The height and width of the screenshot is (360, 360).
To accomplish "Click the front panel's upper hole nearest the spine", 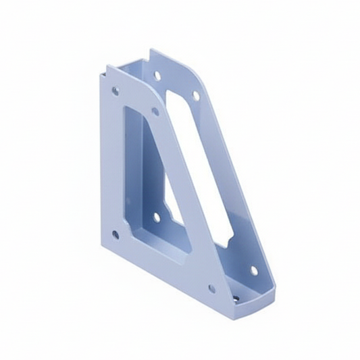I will tap(115, 90).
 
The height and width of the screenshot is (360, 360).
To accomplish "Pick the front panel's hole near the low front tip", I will tap(211, 288).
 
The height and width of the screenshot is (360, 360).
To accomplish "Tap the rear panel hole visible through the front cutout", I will tap(157, 217).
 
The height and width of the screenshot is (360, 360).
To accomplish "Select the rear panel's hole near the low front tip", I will tap(254, 271).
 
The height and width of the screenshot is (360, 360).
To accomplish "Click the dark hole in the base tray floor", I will tap(236, 298).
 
